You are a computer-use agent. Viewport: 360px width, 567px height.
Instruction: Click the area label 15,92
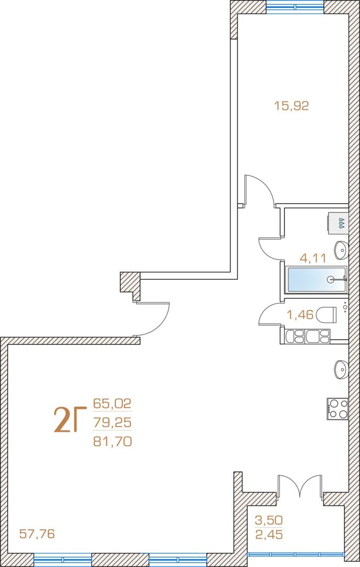pos(291,106)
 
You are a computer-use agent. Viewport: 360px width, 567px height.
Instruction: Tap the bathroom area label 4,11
pos(313,258)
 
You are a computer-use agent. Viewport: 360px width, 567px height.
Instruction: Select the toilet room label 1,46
pos(300,314)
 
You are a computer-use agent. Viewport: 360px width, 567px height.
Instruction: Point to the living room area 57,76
pos(37,533)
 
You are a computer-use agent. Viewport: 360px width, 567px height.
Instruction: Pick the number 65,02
pos(112,403)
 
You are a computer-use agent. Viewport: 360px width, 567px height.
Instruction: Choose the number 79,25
pos(112,422)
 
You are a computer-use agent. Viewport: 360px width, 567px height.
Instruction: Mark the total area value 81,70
pos(112,441)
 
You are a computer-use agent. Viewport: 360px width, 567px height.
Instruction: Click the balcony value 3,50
pos(269,520)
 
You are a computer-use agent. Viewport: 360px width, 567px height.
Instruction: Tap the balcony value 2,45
pos(269,534)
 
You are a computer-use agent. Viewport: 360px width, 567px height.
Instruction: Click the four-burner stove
pos(337,408)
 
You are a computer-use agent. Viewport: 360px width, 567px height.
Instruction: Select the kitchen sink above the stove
pos(341,369)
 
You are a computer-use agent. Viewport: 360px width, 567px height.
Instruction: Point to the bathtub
pos(316,279)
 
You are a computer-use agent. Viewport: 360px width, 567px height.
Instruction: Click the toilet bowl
pos(327,314)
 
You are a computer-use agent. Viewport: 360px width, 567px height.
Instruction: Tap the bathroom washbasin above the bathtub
pos(341,250)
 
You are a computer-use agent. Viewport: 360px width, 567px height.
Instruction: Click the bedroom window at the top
pos(295,6)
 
